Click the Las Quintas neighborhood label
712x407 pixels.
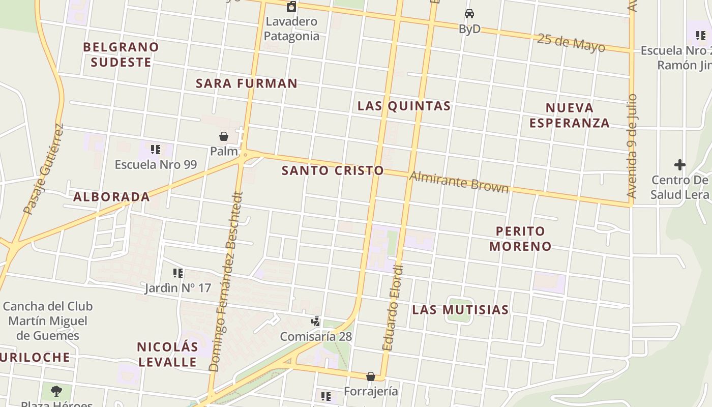pos(404,106)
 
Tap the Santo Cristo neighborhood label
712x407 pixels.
pos(333,170)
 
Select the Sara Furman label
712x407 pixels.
pos(247,83)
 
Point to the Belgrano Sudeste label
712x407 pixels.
pos(121,54)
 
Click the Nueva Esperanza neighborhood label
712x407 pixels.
pos(570,115)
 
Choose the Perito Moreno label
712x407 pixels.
pos(520,239)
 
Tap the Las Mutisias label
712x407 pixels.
pos(460,310)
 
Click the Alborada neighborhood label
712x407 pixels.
pos(111,197)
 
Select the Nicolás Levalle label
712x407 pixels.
pos(167,355)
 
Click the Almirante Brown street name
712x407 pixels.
pos(459,182)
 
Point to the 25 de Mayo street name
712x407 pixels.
pos(571,43)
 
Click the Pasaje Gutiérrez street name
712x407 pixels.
pos(44,169)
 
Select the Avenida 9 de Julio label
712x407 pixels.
pos(632,146)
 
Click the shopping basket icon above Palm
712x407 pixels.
pos(223,136)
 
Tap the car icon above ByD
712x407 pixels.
pos(469,14)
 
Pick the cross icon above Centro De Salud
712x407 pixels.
pos(679,165)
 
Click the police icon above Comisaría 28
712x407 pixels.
pos(316,321)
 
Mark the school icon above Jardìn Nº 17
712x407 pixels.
pos(177,273)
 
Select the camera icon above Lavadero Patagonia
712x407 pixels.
pos(291,7)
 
